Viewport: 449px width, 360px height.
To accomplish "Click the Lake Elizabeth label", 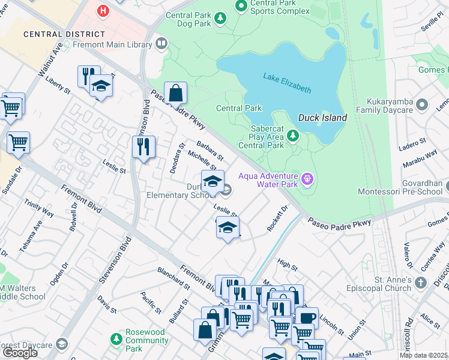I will [287, 83].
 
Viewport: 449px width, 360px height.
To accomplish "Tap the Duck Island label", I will [322, 118].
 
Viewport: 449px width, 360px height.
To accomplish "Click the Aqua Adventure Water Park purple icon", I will [308, 178].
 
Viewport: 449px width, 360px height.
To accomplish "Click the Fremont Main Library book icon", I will [161, 43].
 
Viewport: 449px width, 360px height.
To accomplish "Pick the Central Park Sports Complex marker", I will [241, 6].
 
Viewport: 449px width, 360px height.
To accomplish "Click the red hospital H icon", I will [104, 11].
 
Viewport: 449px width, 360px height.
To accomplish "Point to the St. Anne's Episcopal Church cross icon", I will [422, 283].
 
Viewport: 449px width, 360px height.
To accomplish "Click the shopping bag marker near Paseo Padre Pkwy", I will [175, 94].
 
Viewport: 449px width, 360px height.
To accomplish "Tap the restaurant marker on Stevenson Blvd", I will [143, 147].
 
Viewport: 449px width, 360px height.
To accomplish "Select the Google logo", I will [19, 353].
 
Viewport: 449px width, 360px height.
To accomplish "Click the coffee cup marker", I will [307, 317].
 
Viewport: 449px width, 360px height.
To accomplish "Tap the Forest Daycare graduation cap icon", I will [61, 344].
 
